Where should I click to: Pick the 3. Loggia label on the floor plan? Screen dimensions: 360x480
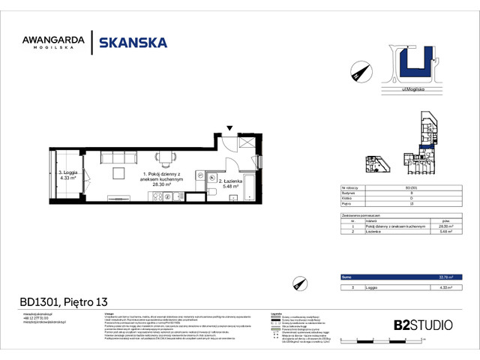click(x=68, y=173)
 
